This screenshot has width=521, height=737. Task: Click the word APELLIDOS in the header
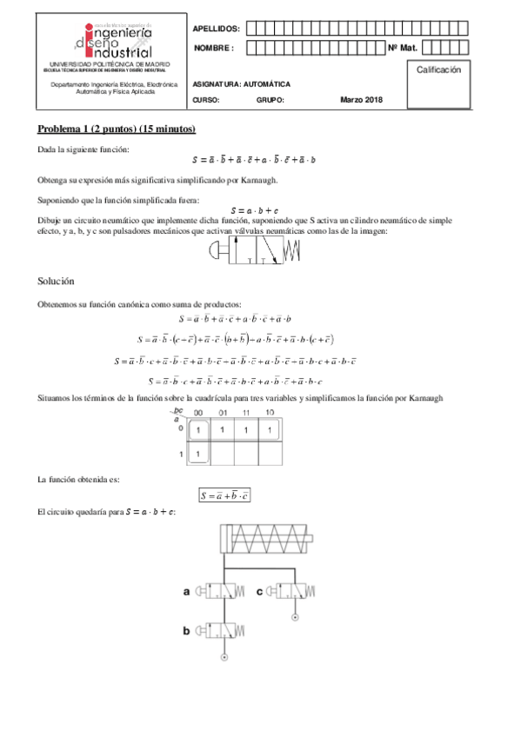[x=217, y=29]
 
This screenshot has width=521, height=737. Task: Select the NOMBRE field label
[x=214, y=48]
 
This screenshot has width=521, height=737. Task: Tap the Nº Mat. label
[x=403, y=48]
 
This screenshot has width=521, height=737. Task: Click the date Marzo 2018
[x=361, y=100]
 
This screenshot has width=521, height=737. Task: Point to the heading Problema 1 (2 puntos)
[x=116, y=129]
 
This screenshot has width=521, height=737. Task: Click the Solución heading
[x=56, y=282]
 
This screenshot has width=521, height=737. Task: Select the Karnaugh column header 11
[x=246, y=413]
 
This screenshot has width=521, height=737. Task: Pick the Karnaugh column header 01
[x=223, y=413]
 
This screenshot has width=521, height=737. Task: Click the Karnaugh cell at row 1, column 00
[x=199, y=454]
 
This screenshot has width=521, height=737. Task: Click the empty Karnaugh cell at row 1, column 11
[x=246, y=454]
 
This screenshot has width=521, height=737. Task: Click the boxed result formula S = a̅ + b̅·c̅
[x=225, y=496]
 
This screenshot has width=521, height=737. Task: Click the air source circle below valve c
[x=293, y=617]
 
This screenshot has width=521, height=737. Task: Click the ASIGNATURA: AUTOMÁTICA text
[x=236, y=84]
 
